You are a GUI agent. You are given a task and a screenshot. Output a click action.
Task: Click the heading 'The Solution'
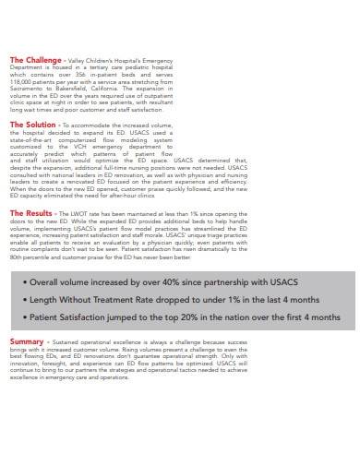coord(33,123)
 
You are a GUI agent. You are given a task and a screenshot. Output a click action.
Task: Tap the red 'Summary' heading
coord(28,341)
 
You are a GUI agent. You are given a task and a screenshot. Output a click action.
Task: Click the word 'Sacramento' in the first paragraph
coord(29,87)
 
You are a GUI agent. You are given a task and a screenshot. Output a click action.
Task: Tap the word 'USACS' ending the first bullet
coord(305,281)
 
